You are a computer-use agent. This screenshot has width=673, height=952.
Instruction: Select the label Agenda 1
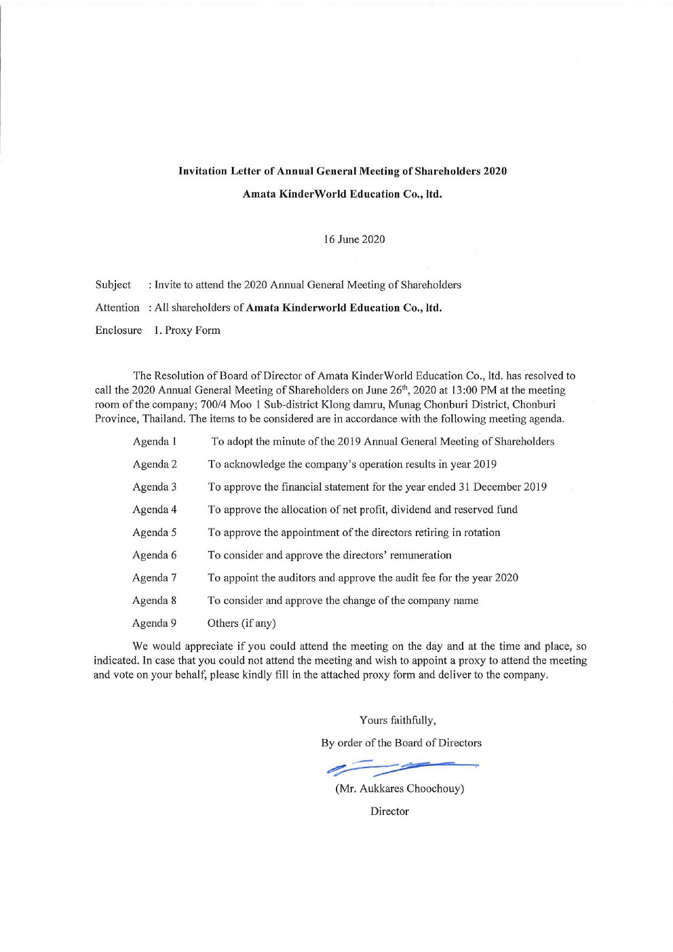[x=155, y=442]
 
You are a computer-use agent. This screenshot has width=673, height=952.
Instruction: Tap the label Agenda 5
[x=155, y=533]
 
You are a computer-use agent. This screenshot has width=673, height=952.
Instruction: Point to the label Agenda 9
[x=155, y=623]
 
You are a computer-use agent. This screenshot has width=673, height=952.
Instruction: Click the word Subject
[x=113, y=285]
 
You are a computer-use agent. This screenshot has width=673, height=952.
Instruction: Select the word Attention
[x=117, y=308]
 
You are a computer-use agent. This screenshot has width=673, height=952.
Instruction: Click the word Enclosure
[x=119, y=330]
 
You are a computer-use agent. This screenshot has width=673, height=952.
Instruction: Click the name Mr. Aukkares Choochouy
[x=400, y=789]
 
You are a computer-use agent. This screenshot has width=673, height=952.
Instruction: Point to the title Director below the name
[x=389, y=812]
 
